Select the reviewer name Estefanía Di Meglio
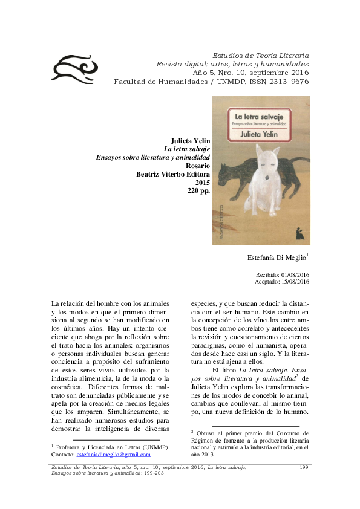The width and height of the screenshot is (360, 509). pos(277,258)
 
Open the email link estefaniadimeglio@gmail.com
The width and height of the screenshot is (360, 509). pos(114,454)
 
